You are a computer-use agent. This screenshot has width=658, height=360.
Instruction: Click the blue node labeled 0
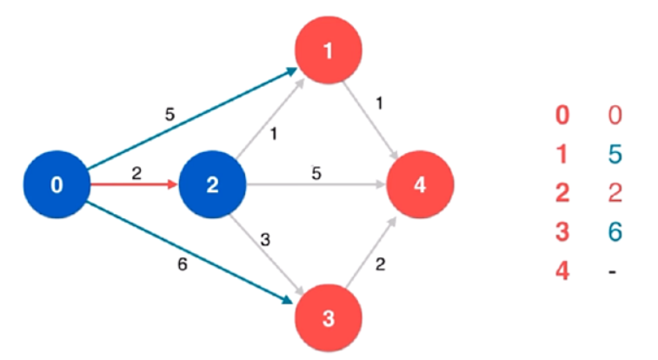point(56,185)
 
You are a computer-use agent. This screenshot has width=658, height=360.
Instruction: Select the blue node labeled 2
point(213,185)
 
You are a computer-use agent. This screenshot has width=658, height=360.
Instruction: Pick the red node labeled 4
point(421,185)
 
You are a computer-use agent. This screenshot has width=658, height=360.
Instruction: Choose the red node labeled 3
point(328,319)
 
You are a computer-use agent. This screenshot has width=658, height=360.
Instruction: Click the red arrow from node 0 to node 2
point(135,185)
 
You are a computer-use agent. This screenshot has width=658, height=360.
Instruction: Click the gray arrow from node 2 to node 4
point(317,185)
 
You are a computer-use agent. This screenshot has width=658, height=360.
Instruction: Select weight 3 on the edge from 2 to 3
point(265,240)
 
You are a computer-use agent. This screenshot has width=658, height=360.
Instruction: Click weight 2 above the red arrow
point(136,173)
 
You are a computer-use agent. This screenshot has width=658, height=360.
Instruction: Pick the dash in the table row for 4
point(614,270)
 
